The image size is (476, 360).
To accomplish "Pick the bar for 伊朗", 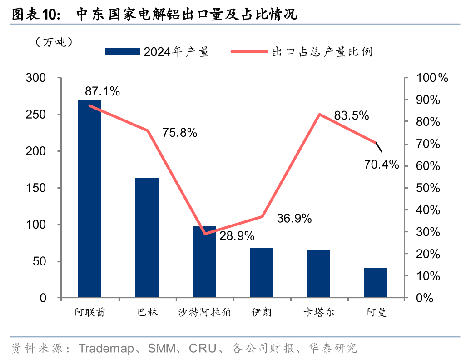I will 261,273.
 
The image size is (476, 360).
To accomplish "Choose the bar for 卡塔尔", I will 318,274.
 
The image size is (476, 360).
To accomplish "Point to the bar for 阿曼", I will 376,283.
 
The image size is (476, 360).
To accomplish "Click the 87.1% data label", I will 102,91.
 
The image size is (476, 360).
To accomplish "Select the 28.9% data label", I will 237,236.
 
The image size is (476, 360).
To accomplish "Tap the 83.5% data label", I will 351,116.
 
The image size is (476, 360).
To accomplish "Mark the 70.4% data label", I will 382,164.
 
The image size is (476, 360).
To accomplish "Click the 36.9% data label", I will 294,219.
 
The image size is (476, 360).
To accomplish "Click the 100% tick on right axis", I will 432,78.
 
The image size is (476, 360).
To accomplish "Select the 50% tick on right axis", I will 428,188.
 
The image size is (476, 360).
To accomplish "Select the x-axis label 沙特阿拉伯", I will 204,313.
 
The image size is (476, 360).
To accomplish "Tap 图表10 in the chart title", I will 35,15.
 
